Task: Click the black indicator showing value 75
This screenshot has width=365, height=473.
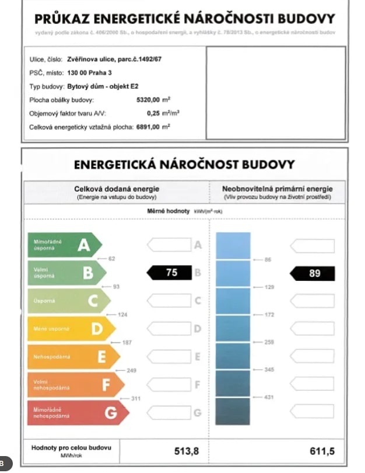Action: [170, 273]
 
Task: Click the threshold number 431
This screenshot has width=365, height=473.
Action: [269, 398]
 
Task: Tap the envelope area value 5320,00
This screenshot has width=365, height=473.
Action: [148, 99]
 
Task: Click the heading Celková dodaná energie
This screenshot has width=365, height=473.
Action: [116, 189]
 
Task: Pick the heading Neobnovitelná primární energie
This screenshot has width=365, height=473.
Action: [277, 189]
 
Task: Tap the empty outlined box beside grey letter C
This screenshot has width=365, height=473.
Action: [169, 301]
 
